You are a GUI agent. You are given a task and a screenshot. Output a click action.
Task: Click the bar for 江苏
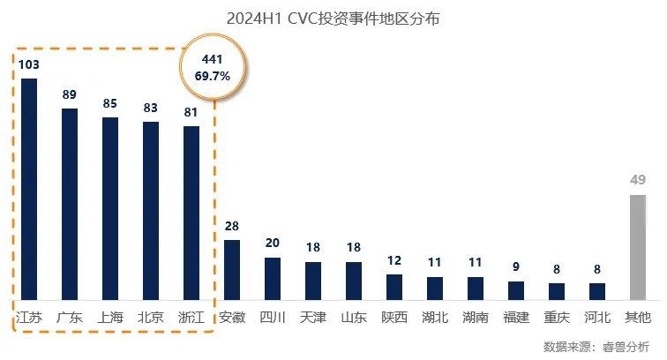tap(29, 189)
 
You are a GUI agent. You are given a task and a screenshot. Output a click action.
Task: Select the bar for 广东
tap(70, 204)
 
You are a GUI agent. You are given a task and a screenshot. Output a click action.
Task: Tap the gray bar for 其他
tap(638, 247)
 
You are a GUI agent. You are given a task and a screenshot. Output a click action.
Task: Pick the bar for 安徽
tap(232, 270)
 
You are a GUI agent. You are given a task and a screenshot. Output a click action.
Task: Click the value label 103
tap(29, 65)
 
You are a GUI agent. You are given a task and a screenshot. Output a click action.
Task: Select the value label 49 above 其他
tap(638, 181)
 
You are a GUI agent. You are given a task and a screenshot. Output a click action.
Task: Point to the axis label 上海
tap(110, 317)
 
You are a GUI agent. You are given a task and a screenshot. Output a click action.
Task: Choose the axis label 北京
tap(151, 317)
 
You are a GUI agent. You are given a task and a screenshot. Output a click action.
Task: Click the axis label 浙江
tap(191, 317)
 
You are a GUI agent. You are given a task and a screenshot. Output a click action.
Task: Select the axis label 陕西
tap(394, 317)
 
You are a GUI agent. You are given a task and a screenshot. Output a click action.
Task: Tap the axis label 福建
tap(516, 317)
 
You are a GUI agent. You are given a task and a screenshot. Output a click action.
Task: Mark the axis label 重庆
tap(557, 317)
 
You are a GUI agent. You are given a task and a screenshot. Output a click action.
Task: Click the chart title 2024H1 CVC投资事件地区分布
tap(333, 18)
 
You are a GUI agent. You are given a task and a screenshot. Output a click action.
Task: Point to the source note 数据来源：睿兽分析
tap(596, 346)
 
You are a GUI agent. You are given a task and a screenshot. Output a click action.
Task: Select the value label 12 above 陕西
tap(394, 261)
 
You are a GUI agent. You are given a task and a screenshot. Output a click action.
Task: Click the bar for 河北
tap(597, 291)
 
